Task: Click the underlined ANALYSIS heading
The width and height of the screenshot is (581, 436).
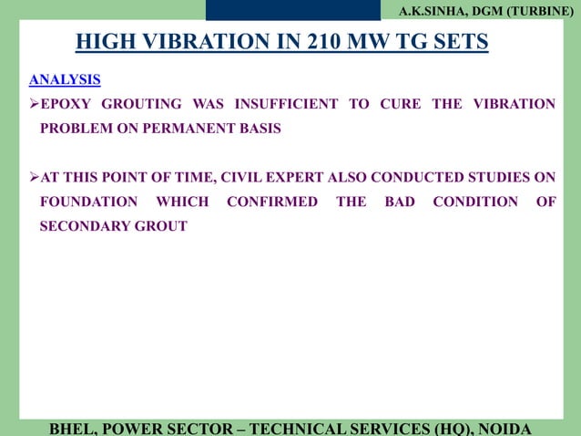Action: point(65,79)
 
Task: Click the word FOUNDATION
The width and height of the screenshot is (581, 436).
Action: point(88,202)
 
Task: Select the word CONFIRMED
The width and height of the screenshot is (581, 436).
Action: point(271,202)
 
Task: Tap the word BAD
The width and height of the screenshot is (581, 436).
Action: point(400,202)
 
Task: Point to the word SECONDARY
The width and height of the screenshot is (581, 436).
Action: point(80,226)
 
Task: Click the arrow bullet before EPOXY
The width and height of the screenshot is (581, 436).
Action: point(34,104)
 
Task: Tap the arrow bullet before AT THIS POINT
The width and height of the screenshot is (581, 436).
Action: point(34,177)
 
